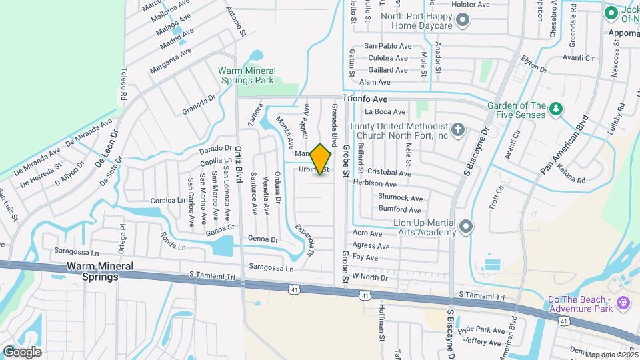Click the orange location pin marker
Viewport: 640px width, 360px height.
[321, 159]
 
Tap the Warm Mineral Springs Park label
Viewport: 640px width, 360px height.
[247, 75]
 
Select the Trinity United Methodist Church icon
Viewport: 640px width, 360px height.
[457, 130]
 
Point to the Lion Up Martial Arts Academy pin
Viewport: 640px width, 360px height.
[466, 227]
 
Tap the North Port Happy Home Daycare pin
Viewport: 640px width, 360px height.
[463, 21]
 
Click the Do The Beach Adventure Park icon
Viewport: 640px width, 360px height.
[623, 304]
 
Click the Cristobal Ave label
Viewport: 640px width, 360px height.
[391, 171]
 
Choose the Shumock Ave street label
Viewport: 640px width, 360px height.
[401, 198]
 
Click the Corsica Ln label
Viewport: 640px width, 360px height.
[167, 200]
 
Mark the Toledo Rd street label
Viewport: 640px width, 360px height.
[123, 85]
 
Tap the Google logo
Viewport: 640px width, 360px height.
[22, 351]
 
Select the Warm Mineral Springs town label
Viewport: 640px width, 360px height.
[99, 271]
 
